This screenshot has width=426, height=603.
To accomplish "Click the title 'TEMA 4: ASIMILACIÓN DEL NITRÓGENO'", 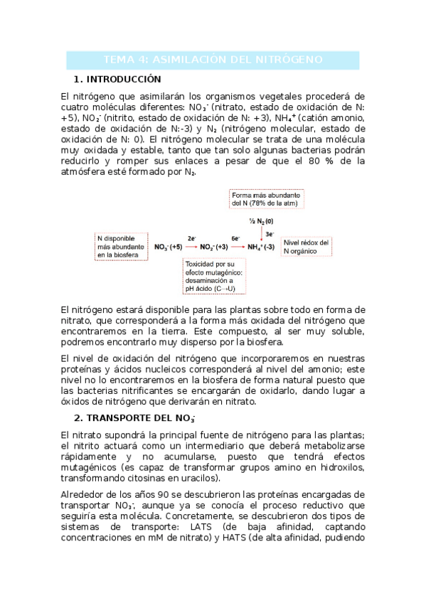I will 213,59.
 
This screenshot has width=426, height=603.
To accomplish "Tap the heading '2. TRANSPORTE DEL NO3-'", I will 134,417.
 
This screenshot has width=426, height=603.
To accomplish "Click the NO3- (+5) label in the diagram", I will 169,247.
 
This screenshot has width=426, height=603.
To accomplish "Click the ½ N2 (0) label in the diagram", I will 260,222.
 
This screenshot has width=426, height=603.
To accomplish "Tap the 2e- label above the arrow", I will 191,239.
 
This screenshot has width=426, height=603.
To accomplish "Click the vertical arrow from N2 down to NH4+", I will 261,234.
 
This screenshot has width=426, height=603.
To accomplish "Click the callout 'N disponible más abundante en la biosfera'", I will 119,246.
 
